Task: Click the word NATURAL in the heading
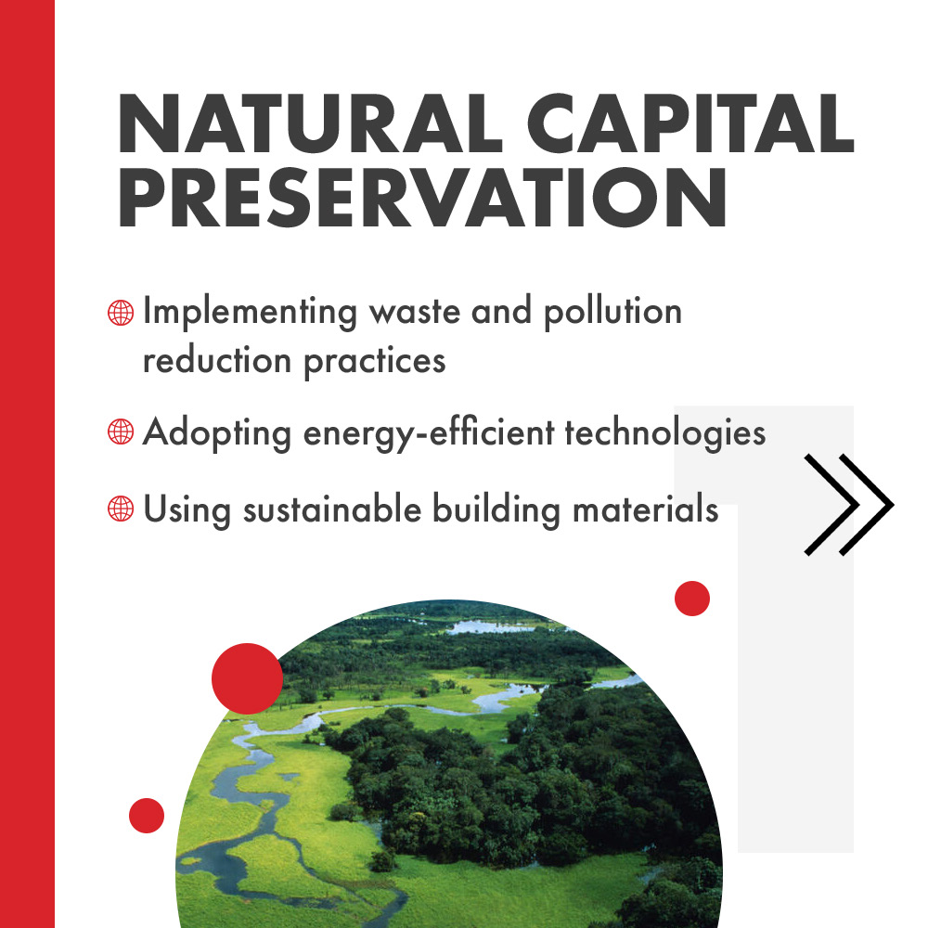[x=310, y=123]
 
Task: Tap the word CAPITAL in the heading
[x=690, y=123]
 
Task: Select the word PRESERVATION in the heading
[x=422, y=197]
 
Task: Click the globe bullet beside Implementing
[x=121, y=313]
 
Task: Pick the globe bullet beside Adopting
[x=121, y=432]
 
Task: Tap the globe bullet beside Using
[x=121, y=509]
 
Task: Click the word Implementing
[x=251, y=312]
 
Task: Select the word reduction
[x=217, y=360]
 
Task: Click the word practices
[x=375, y=362]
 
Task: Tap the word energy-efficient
[x=429, y=432]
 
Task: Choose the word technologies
[x=665, y=432]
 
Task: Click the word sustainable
[x=332, y=509]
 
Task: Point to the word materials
[x=646, y=509]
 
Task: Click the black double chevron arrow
[x=849, y=505]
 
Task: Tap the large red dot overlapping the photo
[x=248, y=678]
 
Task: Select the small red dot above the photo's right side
[x=692, y=599]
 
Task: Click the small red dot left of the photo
[x=147, y=816]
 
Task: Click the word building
[x=496, y=509]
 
